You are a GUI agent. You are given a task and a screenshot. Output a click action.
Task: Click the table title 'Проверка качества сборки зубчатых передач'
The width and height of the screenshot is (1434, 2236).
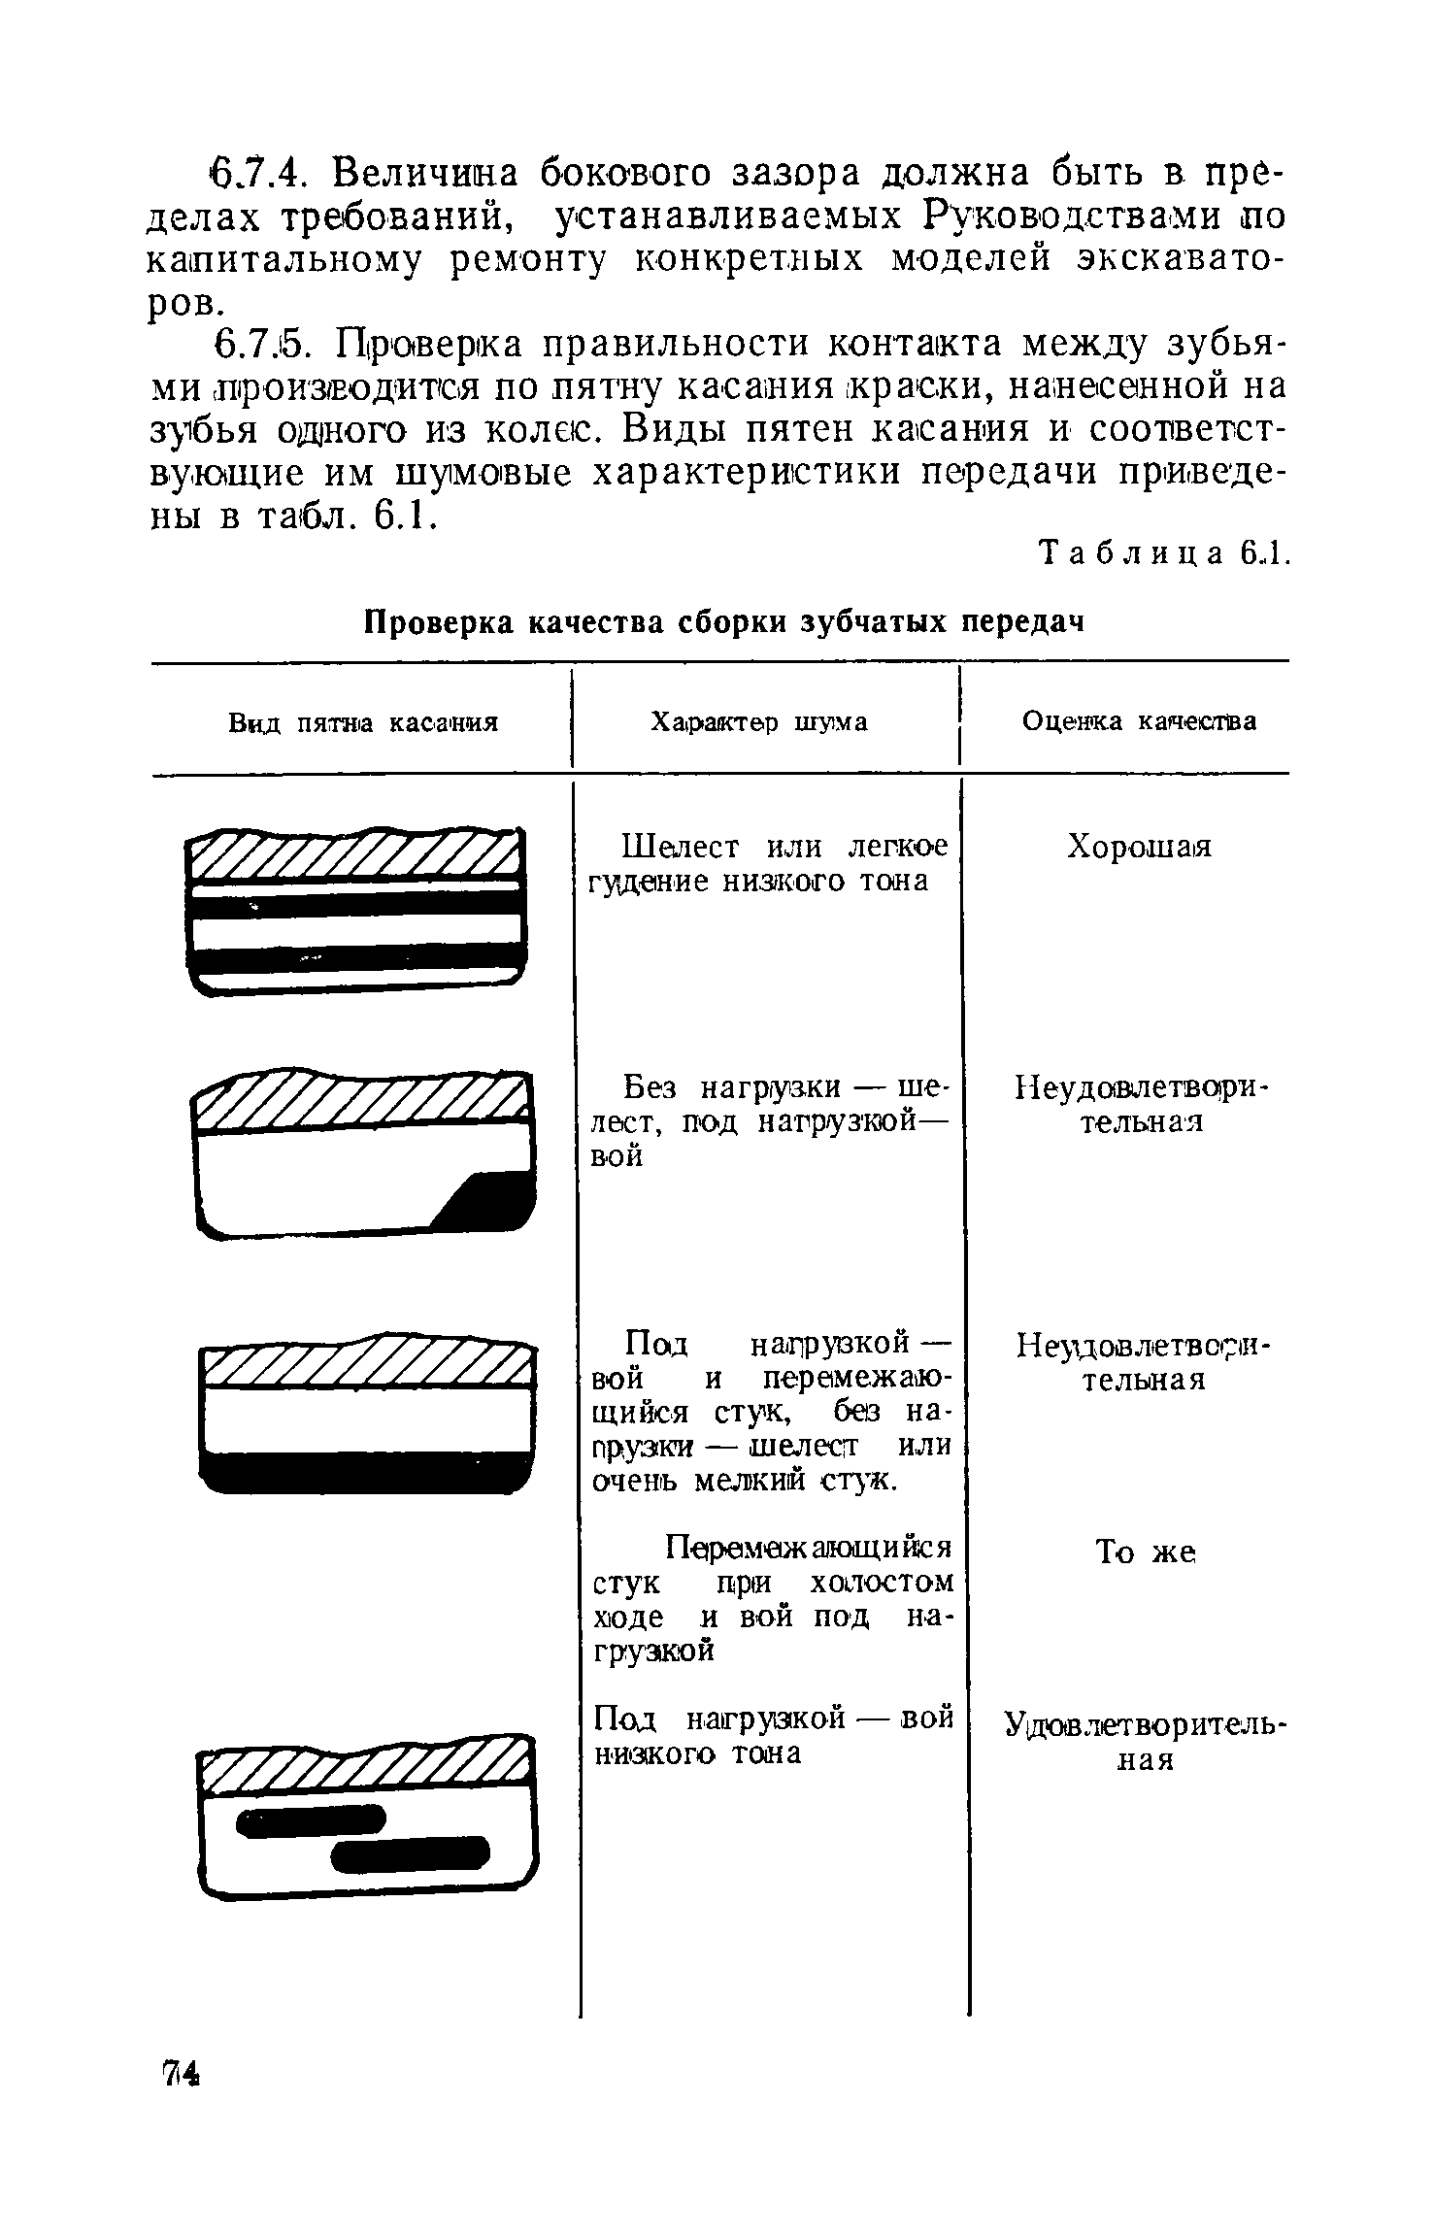[723, 621]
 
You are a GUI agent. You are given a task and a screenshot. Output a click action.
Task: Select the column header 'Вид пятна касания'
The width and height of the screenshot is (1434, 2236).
[363, 722]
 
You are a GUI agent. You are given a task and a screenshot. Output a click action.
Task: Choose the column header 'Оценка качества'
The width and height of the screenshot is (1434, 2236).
[1139, 721]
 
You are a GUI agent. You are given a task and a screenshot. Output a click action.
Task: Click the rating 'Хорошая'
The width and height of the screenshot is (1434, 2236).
[1139, 847]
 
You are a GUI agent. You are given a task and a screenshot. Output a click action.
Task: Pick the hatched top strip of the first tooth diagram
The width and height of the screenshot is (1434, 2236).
[355, 853]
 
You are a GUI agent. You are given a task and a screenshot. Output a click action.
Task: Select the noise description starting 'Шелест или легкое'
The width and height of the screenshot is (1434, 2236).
[767, 863]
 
